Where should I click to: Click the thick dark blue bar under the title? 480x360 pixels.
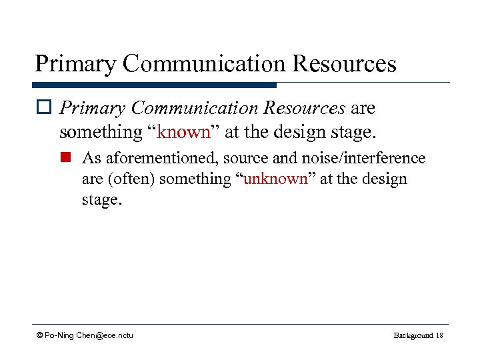coord(154,85)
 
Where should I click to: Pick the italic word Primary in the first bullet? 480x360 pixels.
coord(92,108)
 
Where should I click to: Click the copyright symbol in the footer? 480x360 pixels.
coord(40,335)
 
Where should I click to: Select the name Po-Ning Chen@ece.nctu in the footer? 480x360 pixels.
coord(89,335)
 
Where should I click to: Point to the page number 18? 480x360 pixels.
coord(439,335)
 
